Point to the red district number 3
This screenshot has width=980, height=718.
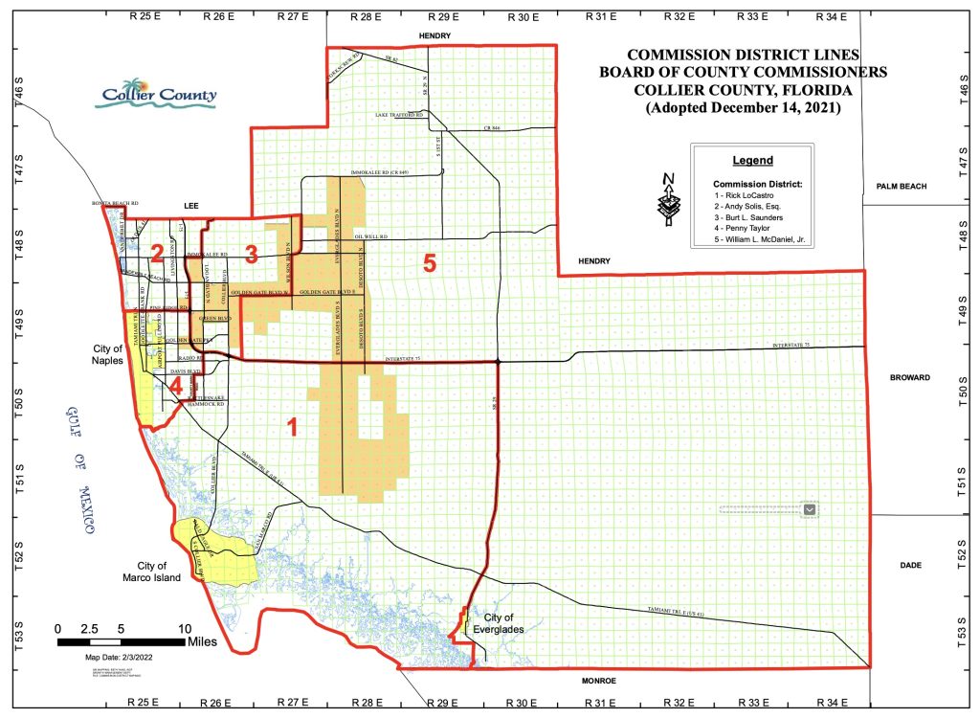point(251,254)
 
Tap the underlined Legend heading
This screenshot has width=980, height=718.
point(752,161)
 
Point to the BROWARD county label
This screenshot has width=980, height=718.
point(909,378)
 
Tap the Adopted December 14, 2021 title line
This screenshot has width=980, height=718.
point(744,108)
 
